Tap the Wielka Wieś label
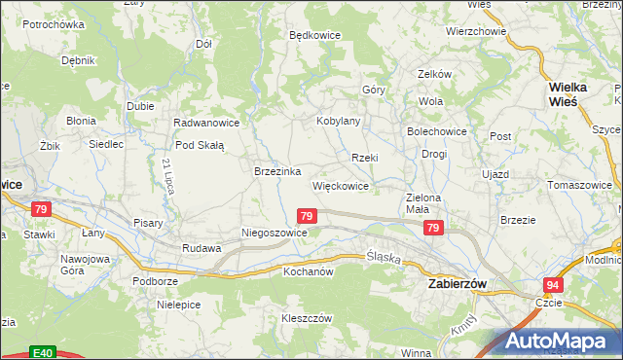562,92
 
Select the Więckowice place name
340,185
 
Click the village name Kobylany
338,121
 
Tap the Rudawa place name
202,248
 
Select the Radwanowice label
205,124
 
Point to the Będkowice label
314,34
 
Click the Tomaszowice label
580,184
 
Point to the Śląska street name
385,257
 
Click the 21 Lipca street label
168,176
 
